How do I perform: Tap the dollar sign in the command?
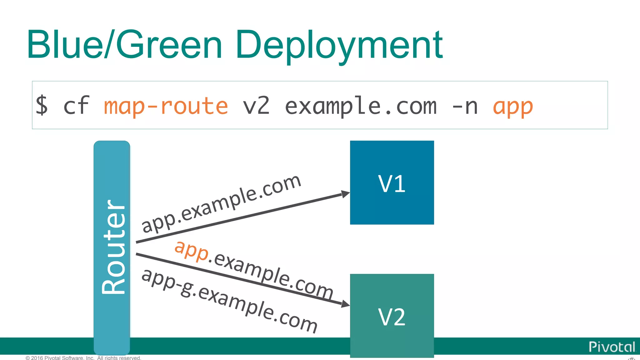click(42, 106)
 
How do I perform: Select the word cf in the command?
click(76, 106)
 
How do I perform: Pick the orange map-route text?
click(166, 106)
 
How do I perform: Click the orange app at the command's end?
click(513, 107)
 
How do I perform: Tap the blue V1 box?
click(392, 182)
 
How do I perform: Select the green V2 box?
click(392, 316)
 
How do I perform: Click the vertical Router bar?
click(112, 247)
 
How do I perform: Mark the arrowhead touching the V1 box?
click(345, 194)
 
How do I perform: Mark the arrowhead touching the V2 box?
click(345, 303)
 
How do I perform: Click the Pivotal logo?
click(612, 347)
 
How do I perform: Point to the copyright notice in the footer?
click(83, 358)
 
